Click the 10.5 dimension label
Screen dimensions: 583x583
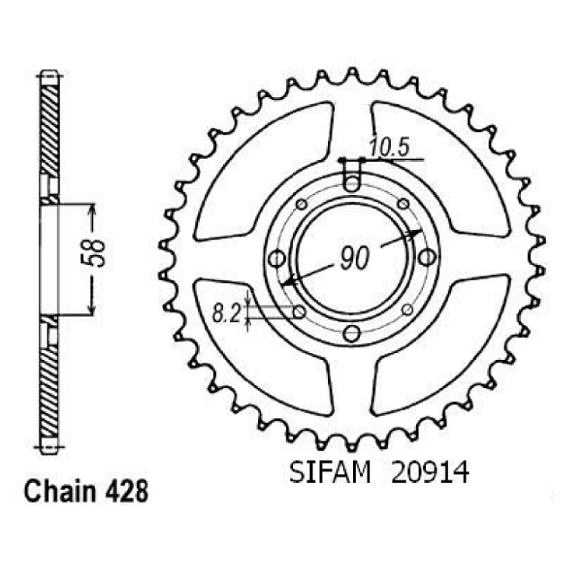[x=389, y=147]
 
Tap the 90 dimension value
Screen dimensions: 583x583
[x=354, y=258]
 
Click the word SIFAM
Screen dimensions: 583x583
[x=330, y=473]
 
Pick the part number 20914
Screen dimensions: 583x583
[x=430, y=473]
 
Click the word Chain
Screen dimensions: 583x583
[x=60, y=491]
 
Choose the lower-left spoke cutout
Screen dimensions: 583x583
[x=260, y=347]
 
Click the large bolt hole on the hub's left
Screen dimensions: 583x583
[x=277, y=259]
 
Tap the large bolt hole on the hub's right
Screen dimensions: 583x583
[x=427, y=257]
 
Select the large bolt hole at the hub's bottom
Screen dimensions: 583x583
[x=351, y=333]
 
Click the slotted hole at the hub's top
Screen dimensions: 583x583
[x=351, y=175]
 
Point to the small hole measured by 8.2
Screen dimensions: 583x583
[x=299, y=312]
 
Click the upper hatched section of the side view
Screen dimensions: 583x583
[x=50, y=130]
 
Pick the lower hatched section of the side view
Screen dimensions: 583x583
[x=49, y=393]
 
